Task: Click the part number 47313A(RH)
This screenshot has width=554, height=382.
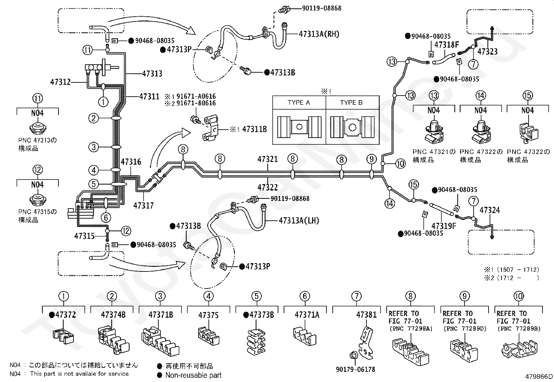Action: click(x=319, y=34)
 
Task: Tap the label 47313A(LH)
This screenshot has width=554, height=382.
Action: click(x=299, y=220)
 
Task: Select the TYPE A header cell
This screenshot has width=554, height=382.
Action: click(x=299, y=103)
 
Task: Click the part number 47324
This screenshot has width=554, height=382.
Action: click(x=490, y=210)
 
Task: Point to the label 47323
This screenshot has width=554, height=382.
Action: click(x=487, y=52)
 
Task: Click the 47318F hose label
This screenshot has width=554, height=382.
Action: click(x=447, y=45)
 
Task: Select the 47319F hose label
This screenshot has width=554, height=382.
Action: click(x=444, y=226)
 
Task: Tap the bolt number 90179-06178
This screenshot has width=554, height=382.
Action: click(x=355, y=369)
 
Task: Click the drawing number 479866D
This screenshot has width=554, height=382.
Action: click(x=539, y=376)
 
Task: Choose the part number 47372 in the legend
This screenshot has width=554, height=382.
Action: click(x=65, y=315)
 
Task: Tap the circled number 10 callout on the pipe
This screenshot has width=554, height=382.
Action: click(x=401, y=164)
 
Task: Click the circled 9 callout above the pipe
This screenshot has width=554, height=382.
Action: click(x=371, y=159)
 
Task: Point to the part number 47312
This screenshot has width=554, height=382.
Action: click(x=60, y=82)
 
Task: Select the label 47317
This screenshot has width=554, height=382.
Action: click(x=143, y=205)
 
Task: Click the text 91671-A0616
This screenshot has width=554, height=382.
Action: click(x=196, y=96)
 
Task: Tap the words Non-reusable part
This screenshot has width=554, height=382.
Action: click(x=193, y=375)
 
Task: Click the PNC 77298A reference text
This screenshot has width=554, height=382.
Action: click(x=411, y=328)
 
